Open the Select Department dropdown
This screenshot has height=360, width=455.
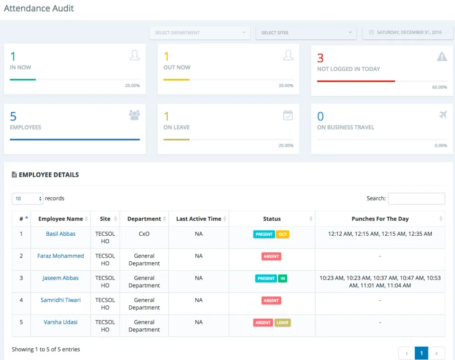point(200,33)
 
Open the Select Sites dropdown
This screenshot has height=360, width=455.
point(306,33)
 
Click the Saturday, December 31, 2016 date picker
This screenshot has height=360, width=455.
point(408,33)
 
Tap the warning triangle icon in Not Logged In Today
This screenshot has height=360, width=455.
point(442,56)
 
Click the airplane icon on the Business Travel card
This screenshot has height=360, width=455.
point(443,115)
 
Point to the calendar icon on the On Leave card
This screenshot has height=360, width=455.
point(288,115)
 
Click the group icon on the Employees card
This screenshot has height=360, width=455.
point(134,115)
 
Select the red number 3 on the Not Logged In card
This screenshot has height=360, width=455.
point(320,58)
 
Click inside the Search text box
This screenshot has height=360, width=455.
point(417,199)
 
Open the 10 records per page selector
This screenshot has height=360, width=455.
point(27,199)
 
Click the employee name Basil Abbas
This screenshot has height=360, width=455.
point(61,234)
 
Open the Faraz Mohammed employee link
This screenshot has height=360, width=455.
point(61,256)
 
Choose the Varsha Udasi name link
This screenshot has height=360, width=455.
point(61,322)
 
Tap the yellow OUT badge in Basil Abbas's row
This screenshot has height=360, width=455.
point(282,234)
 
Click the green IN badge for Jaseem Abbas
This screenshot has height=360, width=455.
point(282,278)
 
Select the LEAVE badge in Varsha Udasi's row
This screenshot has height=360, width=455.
point(282,323)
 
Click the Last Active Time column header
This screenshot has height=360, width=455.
point(199,219)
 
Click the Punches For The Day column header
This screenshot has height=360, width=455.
point(380,219)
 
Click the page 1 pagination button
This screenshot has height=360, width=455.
point(421,353)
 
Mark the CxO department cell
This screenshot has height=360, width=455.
point(144,234)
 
